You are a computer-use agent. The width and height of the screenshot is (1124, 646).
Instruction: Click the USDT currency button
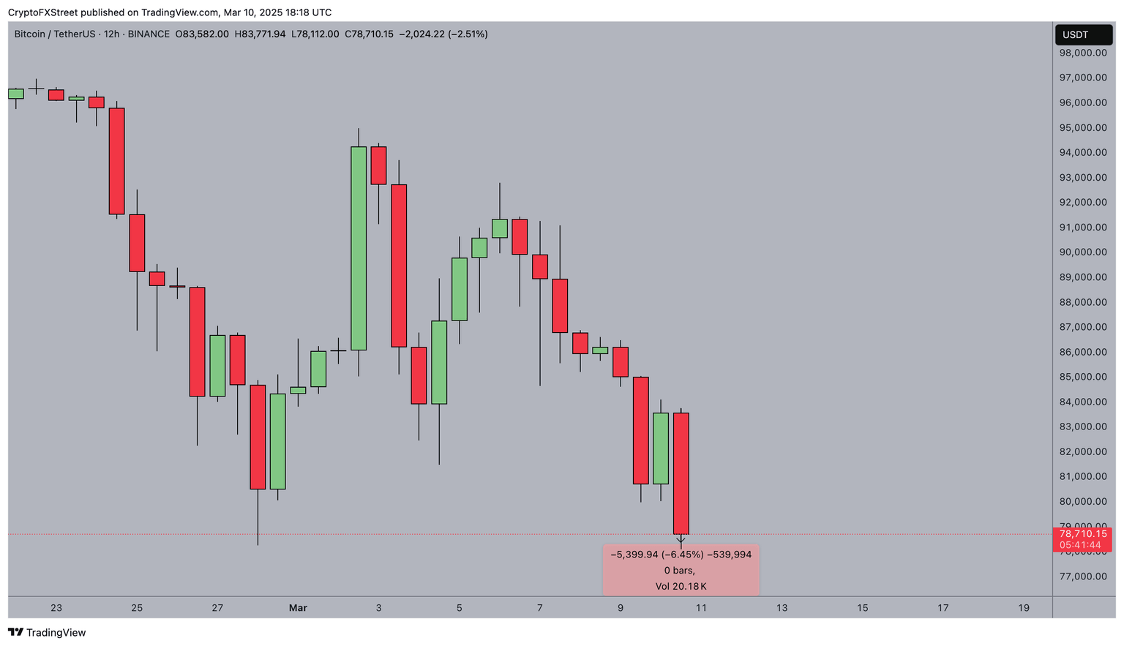(x=1083, y=34)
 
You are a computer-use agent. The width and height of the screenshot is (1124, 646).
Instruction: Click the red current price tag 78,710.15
(x=1083, y=534)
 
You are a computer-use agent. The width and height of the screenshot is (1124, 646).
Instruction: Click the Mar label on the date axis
(x=298, y=608)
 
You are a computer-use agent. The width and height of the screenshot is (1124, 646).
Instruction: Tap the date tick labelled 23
(x=56, y=608)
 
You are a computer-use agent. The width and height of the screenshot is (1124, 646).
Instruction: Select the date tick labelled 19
(x=1023, y=608)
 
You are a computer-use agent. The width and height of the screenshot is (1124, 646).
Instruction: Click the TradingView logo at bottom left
(x=47, y=633)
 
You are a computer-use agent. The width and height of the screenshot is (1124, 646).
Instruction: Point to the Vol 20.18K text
(x=681, y=586)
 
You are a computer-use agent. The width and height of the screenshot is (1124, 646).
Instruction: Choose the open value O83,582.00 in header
(x=202, y=34)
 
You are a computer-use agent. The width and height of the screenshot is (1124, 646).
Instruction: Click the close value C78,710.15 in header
(x=369, y=34)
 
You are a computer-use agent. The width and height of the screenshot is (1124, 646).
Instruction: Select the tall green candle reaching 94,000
(x=359, y=249)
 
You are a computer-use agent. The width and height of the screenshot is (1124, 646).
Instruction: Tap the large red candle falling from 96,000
(x=117, y=161)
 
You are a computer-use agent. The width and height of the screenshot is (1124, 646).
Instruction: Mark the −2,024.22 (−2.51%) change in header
(x=443, y=34)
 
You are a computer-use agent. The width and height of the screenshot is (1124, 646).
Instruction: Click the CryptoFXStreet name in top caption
(x=42, y=12)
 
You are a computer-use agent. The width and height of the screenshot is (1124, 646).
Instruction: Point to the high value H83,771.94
(x=260, y=34)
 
